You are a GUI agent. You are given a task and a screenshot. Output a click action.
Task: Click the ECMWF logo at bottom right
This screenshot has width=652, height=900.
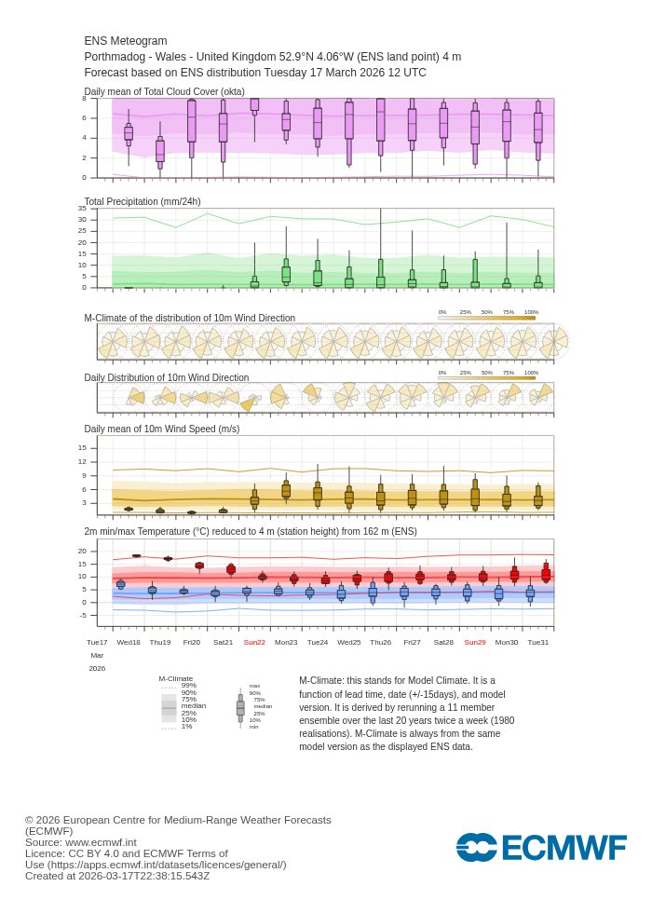coord(541,847)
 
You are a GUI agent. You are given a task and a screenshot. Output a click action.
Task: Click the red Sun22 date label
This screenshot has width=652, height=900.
coord(254,642)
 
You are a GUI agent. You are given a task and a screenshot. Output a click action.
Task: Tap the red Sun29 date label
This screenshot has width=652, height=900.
coord(475,642)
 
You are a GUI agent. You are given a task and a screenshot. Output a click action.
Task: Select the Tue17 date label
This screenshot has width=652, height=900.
coord(97,642)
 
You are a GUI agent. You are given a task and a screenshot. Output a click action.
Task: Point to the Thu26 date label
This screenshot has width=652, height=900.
coord(381,642)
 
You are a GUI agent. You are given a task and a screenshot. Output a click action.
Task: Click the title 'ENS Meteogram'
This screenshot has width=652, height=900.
coord(126,41)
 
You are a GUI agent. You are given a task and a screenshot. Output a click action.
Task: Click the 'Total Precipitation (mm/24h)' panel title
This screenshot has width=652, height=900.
coord(143,201)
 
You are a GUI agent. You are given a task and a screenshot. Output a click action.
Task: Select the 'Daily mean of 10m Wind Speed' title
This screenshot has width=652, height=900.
coord(162,429)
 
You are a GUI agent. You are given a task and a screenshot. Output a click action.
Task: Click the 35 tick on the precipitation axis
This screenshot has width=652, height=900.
coord(82,209)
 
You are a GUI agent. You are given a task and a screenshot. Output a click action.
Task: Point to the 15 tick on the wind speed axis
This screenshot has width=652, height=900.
coord(82,447)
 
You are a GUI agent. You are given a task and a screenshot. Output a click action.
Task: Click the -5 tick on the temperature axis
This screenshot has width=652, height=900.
coord(82,615)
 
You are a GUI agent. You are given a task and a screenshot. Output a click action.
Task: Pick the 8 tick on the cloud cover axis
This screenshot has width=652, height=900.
coord(84,98)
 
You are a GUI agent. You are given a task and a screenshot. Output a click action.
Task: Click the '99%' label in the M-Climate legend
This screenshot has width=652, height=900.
coord(188,685)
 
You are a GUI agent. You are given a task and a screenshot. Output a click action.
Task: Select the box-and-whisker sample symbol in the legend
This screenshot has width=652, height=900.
coord(240,707)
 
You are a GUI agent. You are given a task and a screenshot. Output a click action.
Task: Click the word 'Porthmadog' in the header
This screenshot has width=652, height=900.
coord(114,57)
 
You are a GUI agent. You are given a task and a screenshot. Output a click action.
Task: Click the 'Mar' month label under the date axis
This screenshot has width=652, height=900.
coord(97,655)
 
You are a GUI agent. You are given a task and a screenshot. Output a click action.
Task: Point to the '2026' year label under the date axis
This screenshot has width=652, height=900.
coord(97,668)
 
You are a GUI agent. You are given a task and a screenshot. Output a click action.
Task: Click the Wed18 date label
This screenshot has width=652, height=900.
coord(129,642)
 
